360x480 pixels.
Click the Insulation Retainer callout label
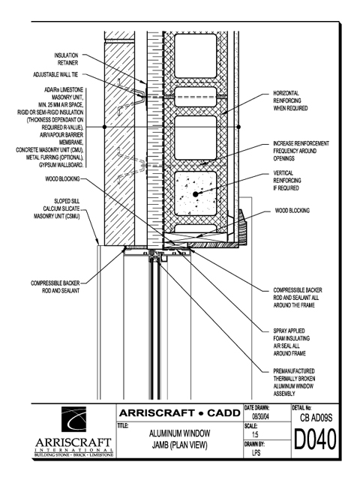coord(66,59)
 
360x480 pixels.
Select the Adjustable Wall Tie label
coord(55,74)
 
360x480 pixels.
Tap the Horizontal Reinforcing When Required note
coord(290,100)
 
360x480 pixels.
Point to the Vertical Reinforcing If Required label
coord(286,181)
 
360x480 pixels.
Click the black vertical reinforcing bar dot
coord(195,194)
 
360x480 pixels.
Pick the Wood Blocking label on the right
coord(292,211)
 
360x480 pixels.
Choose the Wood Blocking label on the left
coord(62,178)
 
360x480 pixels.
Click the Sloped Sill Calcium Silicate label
coord(57,208)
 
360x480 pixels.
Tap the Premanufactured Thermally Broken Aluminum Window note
coord(294,382)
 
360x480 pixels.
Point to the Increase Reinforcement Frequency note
coord(301,151)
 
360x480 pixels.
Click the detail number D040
coord(315,439)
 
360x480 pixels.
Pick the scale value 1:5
coord(255,434)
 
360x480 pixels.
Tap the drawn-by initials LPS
coord(256,452)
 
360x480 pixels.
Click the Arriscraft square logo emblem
coord(73,419)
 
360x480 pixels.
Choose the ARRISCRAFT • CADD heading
coord(180,413)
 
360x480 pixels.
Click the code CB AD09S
coord(316,418)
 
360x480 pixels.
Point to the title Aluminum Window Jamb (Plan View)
coord(180,439)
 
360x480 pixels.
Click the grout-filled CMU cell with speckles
coord(195,194)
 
